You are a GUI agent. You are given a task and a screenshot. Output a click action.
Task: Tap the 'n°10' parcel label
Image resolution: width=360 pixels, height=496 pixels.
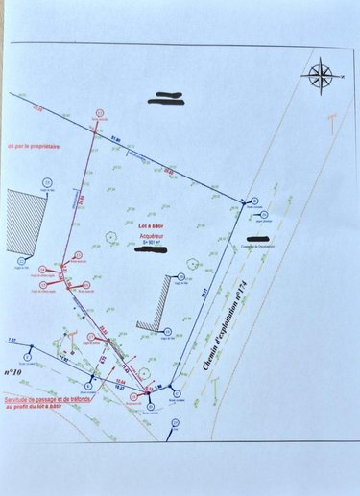(x=14, y=369)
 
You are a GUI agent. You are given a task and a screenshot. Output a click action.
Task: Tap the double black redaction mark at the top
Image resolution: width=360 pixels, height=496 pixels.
(x=167, y=96)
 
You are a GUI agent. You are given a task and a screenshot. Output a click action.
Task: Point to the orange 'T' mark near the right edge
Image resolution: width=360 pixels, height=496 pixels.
(x=331, y=124)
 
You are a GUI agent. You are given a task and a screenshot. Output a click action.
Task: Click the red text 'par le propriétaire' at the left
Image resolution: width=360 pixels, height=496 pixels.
(x=31, y=147)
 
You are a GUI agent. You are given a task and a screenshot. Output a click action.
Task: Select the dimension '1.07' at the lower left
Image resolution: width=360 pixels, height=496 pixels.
(x=12, y=341)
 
